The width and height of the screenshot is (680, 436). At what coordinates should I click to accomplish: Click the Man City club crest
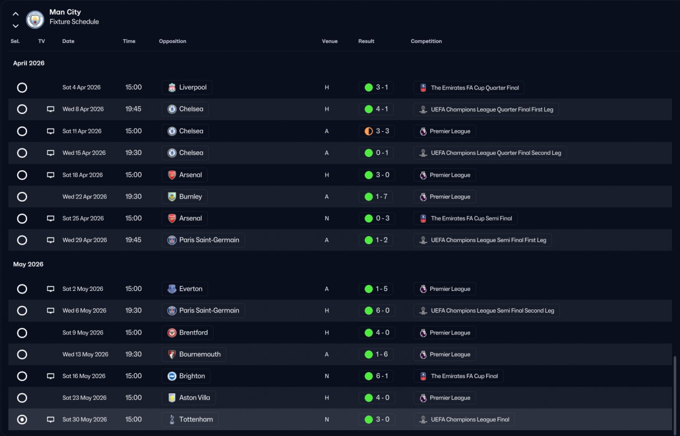(x=35, y=20)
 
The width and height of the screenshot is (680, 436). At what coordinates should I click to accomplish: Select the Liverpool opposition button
(x=187, y=88)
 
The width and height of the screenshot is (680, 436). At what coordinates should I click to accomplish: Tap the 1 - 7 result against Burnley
(x=376, y=197)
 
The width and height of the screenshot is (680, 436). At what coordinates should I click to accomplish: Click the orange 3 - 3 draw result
(x=376, y=131)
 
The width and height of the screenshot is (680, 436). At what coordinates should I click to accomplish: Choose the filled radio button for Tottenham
(x=22, y=420)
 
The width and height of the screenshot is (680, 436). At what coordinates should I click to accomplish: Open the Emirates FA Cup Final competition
(x=458, y=376)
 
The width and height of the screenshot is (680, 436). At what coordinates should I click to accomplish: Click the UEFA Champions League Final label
(x=464, y=420)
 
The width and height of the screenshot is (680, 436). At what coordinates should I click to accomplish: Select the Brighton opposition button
(x=186, y=376)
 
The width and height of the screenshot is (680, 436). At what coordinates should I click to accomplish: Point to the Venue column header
(x=329, y=41)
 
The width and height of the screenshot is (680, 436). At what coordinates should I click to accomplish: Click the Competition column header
(x=426, y=41)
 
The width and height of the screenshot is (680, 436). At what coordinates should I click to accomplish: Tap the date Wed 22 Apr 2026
(x=84, y=197)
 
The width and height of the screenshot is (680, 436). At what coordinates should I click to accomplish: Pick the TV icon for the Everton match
(x=50, y=289)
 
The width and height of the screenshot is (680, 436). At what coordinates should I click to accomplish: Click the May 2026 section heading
(x=28, y=264)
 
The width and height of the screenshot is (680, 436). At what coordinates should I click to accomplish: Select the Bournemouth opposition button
(x=194, y=355)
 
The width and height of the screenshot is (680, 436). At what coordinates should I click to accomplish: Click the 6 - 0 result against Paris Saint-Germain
(x=376, y=311)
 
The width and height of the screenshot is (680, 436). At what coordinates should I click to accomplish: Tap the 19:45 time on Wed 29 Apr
(x=133, y=240)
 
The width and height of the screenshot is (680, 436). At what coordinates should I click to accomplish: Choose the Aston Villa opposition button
(x=189, y=398)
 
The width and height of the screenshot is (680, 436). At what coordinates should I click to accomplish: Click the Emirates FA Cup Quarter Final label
(x=469, y=88)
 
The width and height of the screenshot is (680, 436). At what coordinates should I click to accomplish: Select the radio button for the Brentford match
(x=22, y=333)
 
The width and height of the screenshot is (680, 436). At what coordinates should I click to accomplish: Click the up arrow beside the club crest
(x=15, y=14)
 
